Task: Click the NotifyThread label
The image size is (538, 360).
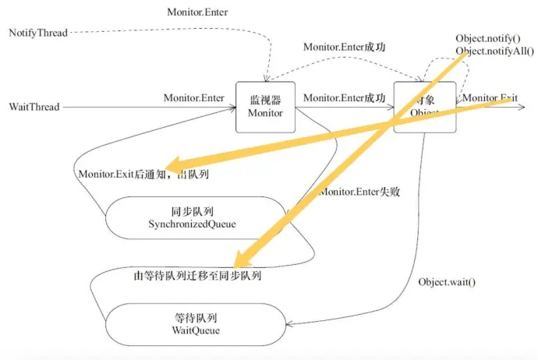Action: coord(38,34)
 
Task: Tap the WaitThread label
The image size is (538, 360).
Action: coord(34,107)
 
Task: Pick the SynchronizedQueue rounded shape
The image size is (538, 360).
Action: coord(192,219)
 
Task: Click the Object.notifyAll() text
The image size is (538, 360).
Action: coord(495,51)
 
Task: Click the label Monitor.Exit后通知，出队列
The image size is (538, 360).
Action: coord(143,174)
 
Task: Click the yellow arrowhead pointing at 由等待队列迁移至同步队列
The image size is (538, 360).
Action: coord(239,258)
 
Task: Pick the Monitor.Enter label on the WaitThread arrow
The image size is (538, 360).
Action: coord(194,98)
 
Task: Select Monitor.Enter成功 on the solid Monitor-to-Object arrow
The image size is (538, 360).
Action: coord(344,98)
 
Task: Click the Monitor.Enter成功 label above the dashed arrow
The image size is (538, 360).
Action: coord(344,47)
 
